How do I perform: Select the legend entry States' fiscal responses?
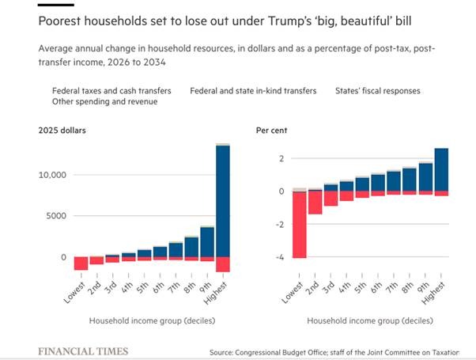point(377,91)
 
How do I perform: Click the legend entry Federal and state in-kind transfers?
point(253,91)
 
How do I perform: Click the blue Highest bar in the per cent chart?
point(441,169)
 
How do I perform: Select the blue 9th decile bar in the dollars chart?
point(207,241)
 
